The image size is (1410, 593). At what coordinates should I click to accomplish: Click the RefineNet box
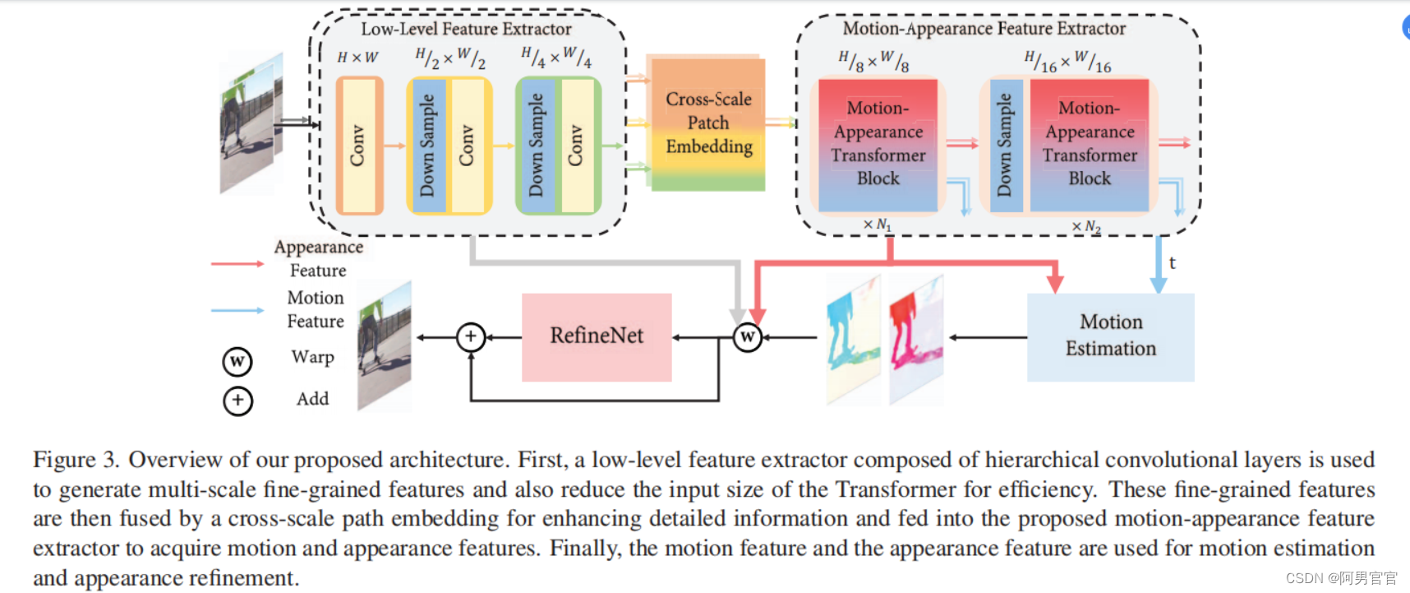pyautogui.click(x=597, y=336)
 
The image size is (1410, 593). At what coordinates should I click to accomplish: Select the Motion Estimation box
pyautogui.click(x=1110, y=336)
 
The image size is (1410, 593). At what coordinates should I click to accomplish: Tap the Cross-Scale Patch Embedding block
pyautogui.click(x=707, y=123)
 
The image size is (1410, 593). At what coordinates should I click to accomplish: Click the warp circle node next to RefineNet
pyautogui.click(x=747, y=336)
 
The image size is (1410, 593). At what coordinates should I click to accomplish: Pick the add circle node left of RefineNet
pyautogui.click(x=471, y=336)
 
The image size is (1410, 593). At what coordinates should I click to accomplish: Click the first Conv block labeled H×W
pyautogui.click(x=359, y=146)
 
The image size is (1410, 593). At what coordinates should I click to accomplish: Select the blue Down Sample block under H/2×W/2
pyautogui.click(x=427, y=146)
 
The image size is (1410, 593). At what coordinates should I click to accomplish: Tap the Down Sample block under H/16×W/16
pyautogui.click(x=1005, y=146)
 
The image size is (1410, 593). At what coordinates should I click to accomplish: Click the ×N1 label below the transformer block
pyautogui.click(x=877, y=225)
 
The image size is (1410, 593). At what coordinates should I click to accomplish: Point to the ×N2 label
pyautogui.click(x=1086, y=226)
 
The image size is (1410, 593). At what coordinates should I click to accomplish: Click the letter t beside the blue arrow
pyautogui.click(x=1173, y=263)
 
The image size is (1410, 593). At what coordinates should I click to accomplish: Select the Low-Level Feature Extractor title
pyautogui.click(x=466, y=30)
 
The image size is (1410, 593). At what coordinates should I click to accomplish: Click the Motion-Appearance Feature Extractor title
pyautogui.click(x=984, y=29)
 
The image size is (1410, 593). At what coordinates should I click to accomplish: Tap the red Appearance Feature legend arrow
pyautogui.click(x=237, y=264)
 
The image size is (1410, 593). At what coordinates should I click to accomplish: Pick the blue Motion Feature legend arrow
pyautogui.click(x=237, y=311)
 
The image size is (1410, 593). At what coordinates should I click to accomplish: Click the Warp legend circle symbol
pyautogui.click(x=237, y=361)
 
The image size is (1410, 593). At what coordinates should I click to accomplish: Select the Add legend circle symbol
pyautogui.click(x=237, y=401)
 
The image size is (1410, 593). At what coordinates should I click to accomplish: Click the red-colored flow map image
pyautogui.click(x=915, y=339)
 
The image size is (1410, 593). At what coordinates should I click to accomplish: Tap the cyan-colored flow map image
pyautogui.click(x=853, y=339)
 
